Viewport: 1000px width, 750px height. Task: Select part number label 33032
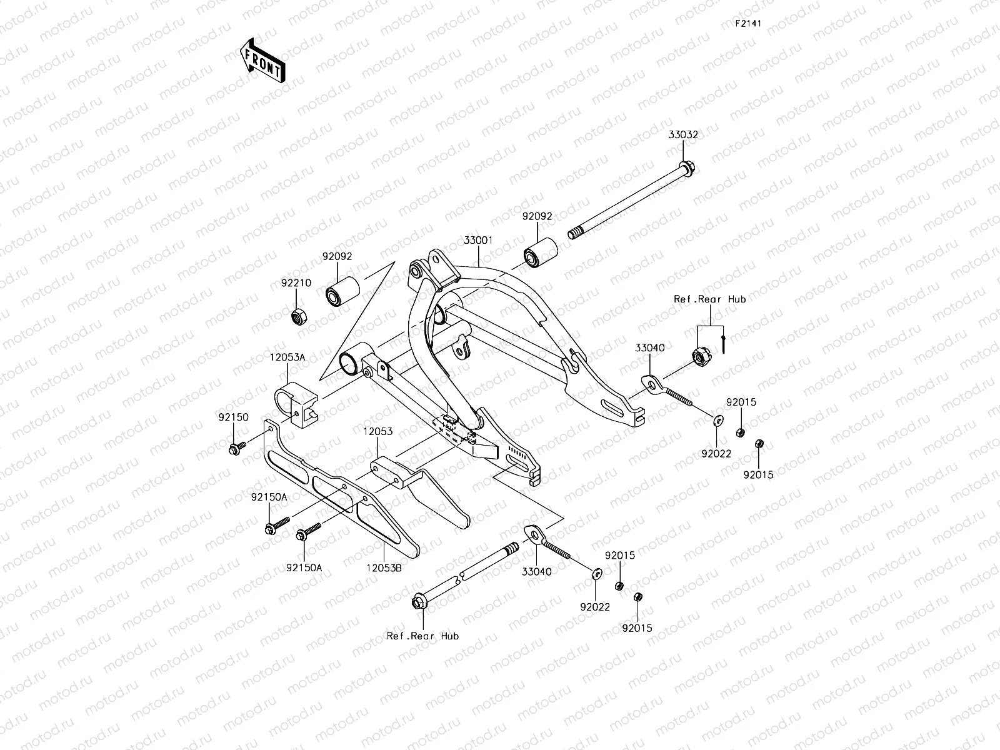(x=682, y=134)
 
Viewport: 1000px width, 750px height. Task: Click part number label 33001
(x=479, y=239)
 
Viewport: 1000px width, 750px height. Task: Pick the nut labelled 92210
(x=298, y=315)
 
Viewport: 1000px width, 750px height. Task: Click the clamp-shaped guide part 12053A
(x=296, y=407)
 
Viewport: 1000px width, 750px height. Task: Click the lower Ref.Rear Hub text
(x=422, y=636)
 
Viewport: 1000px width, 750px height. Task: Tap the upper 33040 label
(x=650, y=348)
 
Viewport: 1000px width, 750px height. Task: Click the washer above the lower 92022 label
(x=596, y=572)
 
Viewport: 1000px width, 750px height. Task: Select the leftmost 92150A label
(x=269, y=497)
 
